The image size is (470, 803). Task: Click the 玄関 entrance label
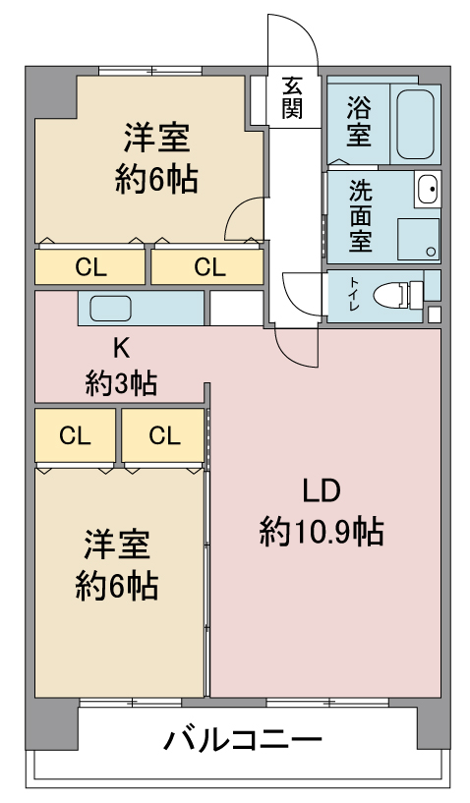tap(292, 98)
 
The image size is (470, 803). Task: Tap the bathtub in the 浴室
tap(416, 125)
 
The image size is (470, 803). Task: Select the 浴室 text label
tap(359, 121)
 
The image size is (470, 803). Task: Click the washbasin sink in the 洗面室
tap(428, 189)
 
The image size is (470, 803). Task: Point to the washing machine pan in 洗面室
tap(418, 239)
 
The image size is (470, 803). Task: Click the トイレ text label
tap(354, 296)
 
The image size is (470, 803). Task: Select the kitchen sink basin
tap(111, 309)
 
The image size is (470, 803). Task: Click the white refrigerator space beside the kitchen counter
tap(237, 308)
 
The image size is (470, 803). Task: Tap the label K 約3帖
tap(122, 367)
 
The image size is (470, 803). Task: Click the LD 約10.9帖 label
tap(322, 513)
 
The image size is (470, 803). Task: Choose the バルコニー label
tap(243, 740)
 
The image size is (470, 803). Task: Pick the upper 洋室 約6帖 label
tap(156, 158)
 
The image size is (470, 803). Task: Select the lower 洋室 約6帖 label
tap(117, 565)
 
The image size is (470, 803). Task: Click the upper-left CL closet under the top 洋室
tap(89, 266)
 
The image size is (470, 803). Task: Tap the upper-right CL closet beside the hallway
tap(207, 266)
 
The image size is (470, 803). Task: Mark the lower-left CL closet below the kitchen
tap(76, 435)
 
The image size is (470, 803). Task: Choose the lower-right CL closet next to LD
tap(163, 435)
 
